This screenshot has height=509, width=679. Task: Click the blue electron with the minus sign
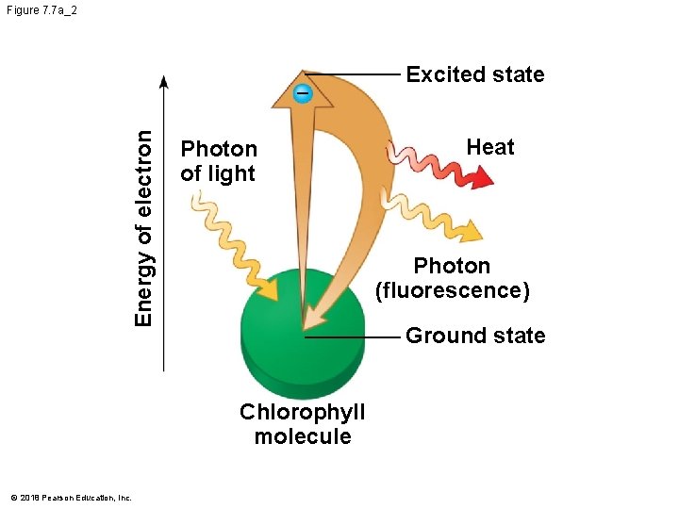302,93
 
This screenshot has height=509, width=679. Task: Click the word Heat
490,147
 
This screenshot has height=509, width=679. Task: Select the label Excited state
474,74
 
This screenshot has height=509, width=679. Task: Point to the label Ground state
474,336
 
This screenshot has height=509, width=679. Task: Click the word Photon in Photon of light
219,149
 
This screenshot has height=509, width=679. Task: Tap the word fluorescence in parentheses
453,290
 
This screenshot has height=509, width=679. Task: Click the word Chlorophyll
302,413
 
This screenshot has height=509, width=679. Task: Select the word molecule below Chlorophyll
302,436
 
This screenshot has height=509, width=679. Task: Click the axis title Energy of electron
143,227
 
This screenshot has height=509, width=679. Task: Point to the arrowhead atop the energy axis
164,82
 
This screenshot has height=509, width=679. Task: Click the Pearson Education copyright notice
71,497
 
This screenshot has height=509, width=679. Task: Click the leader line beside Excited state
363,74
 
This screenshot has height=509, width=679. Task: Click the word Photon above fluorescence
452,266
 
